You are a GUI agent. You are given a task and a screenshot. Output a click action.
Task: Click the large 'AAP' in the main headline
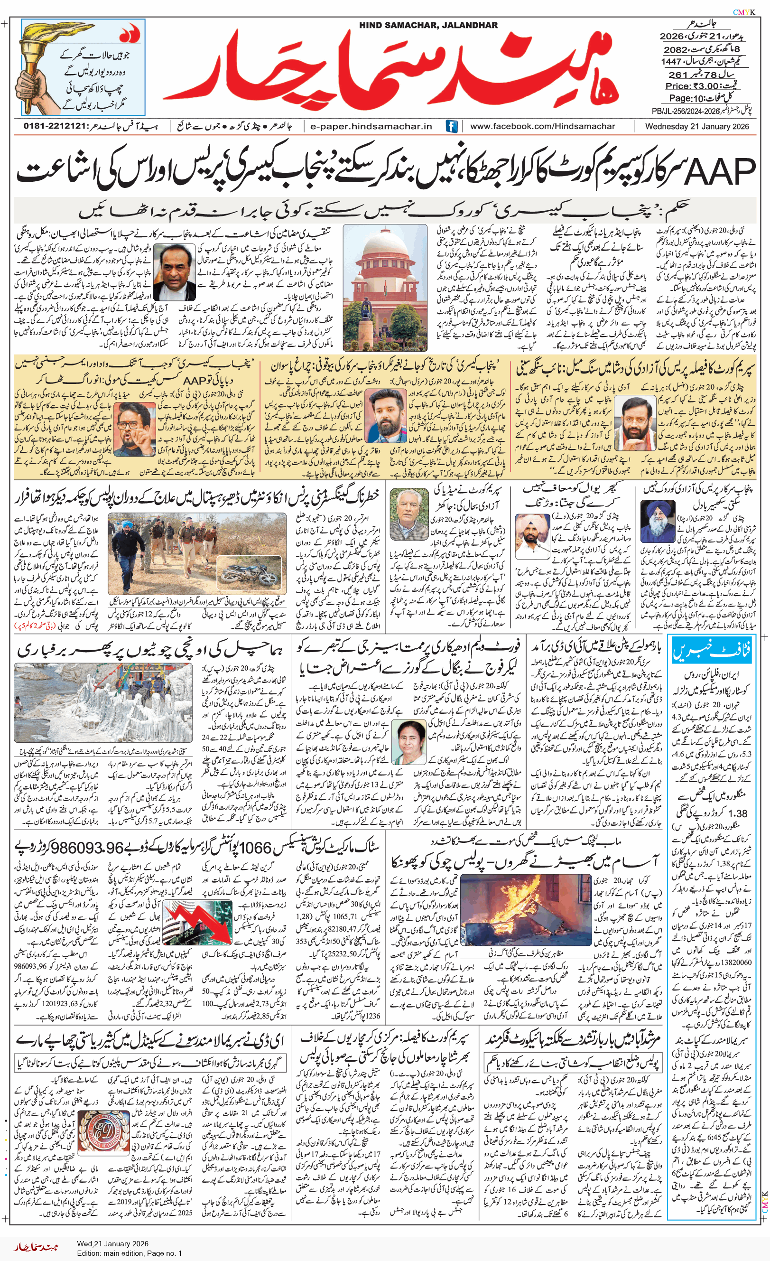coord(719,171)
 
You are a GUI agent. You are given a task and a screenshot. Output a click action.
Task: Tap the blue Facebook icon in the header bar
coord(451,126)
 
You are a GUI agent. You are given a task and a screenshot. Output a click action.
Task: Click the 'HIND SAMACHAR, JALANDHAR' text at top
coord(428,25)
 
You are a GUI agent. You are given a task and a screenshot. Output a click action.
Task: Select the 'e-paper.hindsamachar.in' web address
coord(371,126)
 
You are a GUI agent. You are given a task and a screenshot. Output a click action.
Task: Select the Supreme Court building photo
coord(385,287)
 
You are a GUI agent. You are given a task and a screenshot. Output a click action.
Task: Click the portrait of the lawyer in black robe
coord(174,271)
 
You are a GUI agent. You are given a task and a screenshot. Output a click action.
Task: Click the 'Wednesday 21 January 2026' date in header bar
coord(696,126)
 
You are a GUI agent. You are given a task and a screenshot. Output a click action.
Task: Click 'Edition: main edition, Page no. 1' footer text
coord(130,1253)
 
